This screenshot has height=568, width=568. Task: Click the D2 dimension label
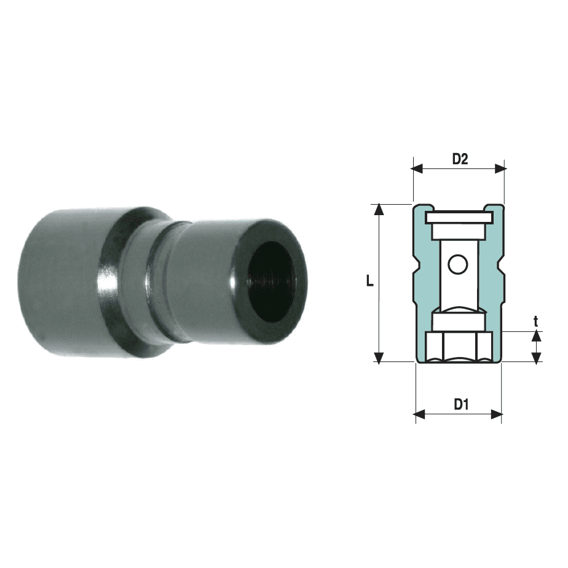coord(460,159)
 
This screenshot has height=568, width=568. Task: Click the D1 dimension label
coord(461,404)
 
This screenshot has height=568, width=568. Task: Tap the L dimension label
coord(369,280)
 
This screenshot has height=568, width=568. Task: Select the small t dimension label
coord(536,321)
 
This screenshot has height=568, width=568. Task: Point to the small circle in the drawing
coord(457,264)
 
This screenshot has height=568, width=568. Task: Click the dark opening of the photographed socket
coord(273,281)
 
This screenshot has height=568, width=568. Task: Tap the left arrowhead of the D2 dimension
coord(417,168)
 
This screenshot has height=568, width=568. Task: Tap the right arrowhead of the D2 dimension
coord(500,168)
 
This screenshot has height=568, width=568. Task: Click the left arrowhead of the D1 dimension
coord(419,414)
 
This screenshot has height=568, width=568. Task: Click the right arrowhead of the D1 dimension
coord(496,414)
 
